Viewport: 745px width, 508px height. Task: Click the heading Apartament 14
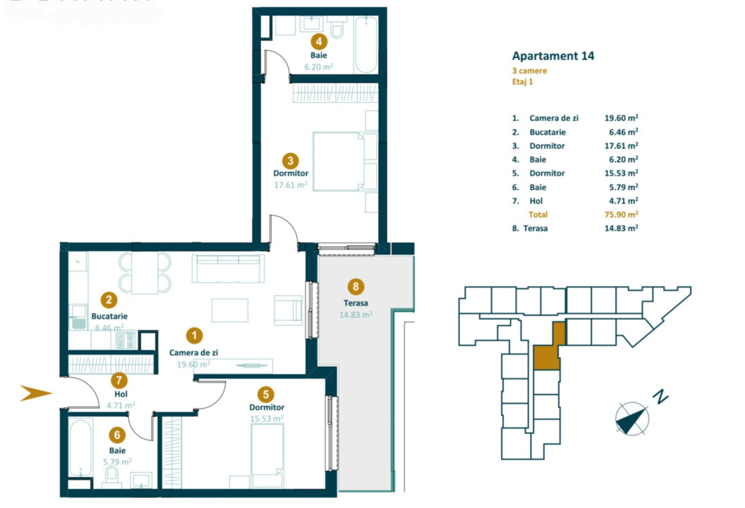(553, 56)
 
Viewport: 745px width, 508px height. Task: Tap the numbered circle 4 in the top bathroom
(319, 41)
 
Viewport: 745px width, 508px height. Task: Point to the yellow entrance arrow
(36, 394)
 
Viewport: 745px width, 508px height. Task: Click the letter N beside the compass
(660, 397)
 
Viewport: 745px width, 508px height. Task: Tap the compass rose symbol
(631, 418)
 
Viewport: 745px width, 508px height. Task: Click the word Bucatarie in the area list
(548, 132)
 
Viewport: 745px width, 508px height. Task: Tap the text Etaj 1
(523, 82)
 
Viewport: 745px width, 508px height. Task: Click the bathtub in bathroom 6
(81, 449)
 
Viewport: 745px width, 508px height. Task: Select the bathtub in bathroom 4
(365, 45)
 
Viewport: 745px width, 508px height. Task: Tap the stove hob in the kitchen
(125, 341)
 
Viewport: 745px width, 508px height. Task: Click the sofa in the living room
(229, 269)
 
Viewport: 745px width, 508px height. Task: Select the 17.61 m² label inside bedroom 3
(291, 185)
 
